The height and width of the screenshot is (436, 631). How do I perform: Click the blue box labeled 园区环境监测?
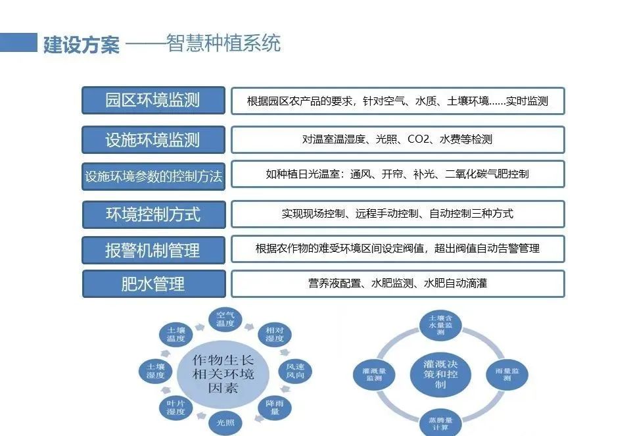pyautogui.click(x=153, y=101)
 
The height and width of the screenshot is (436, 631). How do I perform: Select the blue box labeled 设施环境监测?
pyautogui.click(x=153, y=139)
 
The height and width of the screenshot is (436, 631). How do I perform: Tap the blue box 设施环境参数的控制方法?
pyautogui.click(x=153, y=176)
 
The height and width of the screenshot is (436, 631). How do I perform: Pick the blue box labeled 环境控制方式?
pyautogui.click(x=153, y=214)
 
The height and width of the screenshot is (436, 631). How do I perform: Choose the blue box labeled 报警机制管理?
pyautogui.click(x=153, y=250)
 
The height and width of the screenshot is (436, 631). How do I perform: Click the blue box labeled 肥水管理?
pyautogui.click(x=153, y=284)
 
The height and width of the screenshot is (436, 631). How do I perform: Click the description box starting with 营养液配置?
pyautogui.click(x=398, y=283)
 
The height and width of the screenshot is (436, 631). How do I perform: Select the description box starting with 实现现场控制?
pyautogui.click(x=398, y=214)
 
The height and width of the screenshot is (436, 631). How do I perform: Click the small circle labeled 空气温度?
pyautogui.click(x=225, y=320)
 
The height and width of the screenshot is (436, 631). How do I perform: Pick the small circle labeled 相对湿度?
pyautogui.click(x=274, y=334)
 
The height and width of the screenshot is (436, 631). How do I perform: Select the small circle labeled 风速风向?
pyautogui.click(x=294, y=371)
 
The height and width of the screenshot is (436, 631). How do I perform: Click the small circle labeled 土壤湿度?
pyautogui.click(x=156, y=371)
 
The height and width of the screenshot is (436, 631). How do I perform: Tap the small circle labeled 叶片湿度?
pyautogui.click(x=175, y=407)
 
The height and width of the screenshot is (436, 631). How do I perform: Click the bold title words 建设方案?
pyautogui.click(x=81, y=44)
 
